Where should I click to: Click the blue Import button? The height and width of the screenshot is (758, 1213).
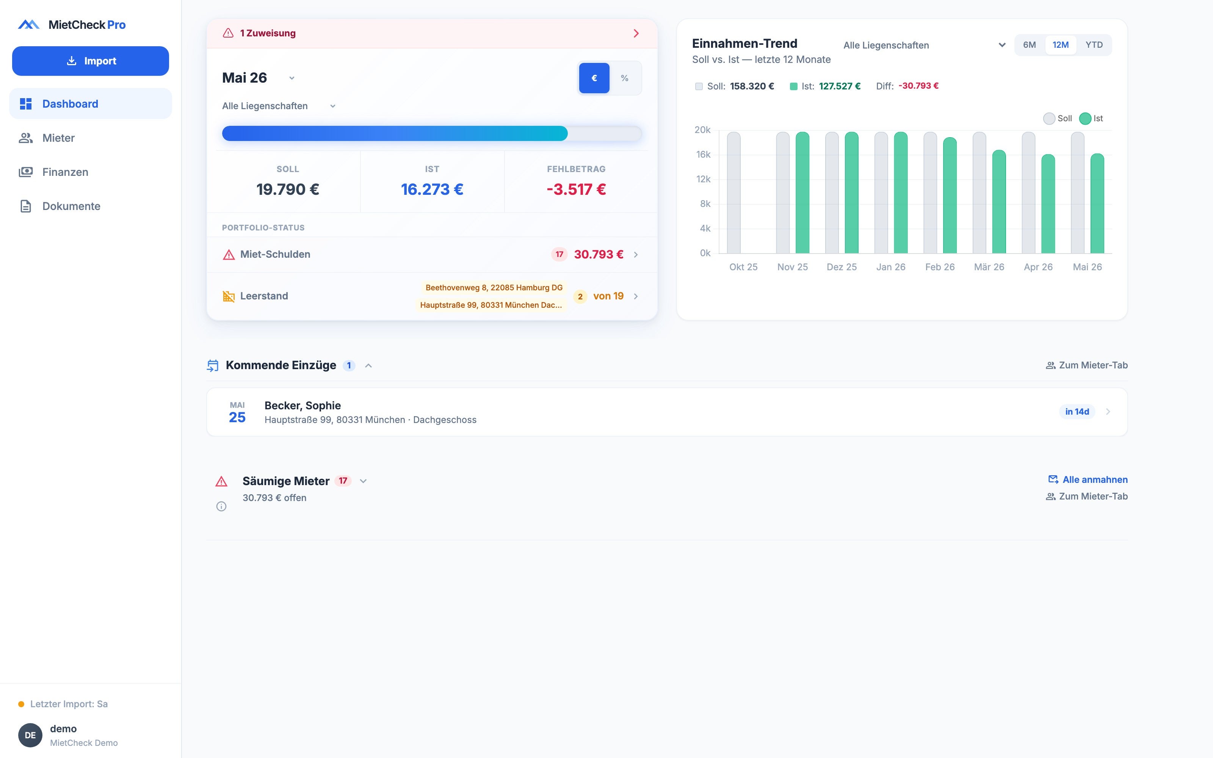tap(90, 61)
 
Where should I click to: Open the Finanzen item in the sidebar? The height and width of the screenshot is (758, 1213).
tap(65, 172)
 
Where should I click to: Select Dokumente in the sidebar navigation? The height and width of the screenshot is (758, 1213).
tap(71, 206)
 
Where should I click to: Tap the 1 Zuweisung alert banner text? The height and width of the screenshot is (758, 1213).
tap(268, 33)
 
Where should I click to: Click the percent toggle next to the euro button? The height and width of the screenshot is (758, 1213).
tap(625, 78)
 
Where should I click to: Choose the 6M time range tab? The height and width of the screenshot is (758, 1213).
tap(1030, 45)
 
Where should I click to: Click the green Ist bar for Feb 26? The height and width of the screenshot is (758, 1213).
tap(950, 196)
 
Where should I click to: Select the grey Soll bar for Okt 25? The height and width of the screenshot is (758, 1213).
tap(734, 193)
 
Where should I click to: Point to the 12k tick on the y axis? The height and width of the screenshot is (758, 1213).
tap(703, 179)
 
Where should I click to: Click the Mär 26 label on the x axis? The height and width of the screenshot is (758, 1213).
tap(989, 267)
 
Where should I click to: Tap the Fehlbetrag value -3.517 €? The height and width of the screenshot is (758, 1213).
tap(576, 189)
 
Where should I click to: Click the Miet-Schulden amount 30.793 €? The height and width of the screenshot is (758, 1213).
tap(599, 255)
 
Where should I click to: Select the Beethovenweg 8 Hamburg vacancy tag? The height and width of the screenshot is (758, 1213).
tap(494, 288)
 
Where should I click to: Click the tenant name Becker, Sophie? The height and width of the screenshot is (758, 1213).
tap(303, 406)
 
